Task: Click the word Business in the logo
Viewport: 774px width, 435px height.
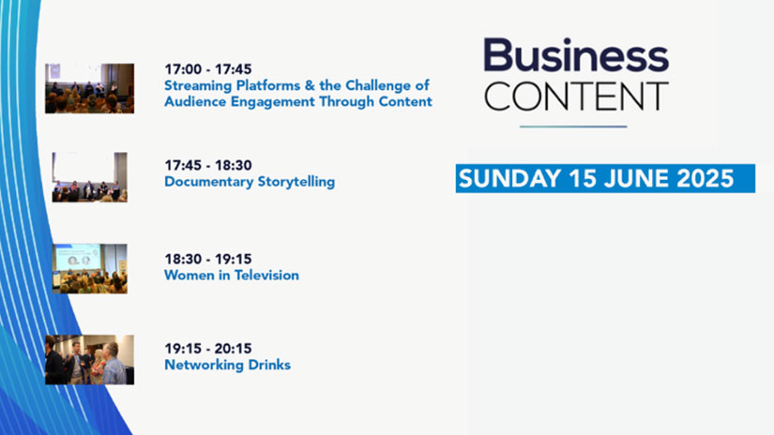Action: pos(576,54)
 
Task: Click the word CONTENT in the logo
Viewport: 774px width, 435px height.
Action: pos(576,97)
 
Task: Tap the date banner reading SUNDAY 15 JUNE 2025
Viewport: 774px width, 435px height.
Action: pos(605,178)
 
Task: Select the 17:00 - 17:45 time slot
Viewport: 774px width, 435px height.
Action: pos(208,69)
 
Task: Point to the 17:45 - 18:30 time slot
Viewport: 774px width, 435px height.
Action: pos(208,165)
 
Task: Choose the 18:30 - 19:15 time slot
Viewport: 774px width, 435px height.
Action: pos(208,259)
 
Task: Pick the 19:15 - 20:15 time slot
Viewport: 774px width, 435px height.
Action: pos(208,349)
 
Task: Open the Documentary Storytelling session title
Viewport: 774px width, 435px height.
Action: pos(250,182)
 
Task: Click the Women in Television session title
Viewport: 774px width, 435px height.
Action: pos(232,276)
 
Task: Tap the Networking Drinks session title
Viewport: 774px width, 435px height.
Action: pos(228,365)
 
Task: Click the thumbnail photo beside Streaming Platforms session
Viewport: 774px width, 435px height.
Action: pos(89,88)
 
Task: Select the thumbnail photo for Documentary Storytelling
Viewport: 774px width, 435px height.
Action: pos(89,177)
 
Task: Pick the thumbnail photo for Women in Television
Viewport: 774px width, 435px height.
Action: pos(89,268)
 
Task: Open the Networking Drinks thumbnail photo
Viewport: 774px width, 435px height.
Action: pos(89,360)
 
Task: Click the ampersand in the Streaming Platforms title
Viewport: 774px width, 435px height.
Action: pos(310,86)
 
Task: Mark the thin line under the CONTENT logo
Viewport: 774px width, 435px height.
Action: pos(573,127)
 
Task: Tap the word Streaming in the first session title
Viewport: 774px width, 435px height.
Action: pos(198,86)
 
